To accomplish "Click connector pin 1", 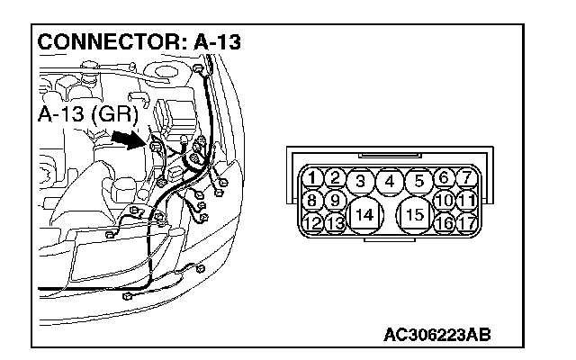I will tap(311, 178).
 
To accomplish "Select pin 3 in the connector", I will tap(361, 182).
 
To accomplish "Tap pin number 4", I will tap(390, 182).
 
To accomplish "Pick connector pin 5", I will tap(418, 182).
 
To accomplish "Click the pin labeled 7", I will tap(466, 178).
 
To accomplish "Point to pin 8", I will tap(311, 200).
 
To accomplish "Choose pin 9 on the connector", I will tap(334, 200).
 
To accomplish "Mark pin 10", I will tap(443, 200).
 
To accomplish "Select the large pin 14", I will tap(364, 215).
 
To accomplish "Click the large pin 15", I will tap(415, 215).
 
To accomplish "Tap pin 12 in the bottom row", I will tap(311, 222).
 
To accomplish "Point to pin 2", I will tap(334, 178).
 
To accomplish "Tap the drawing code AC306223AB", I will tap(437, 336).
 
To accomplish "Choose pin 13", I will tap(334, 222).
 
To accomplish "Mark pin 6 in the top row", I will tap(444, 178).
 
